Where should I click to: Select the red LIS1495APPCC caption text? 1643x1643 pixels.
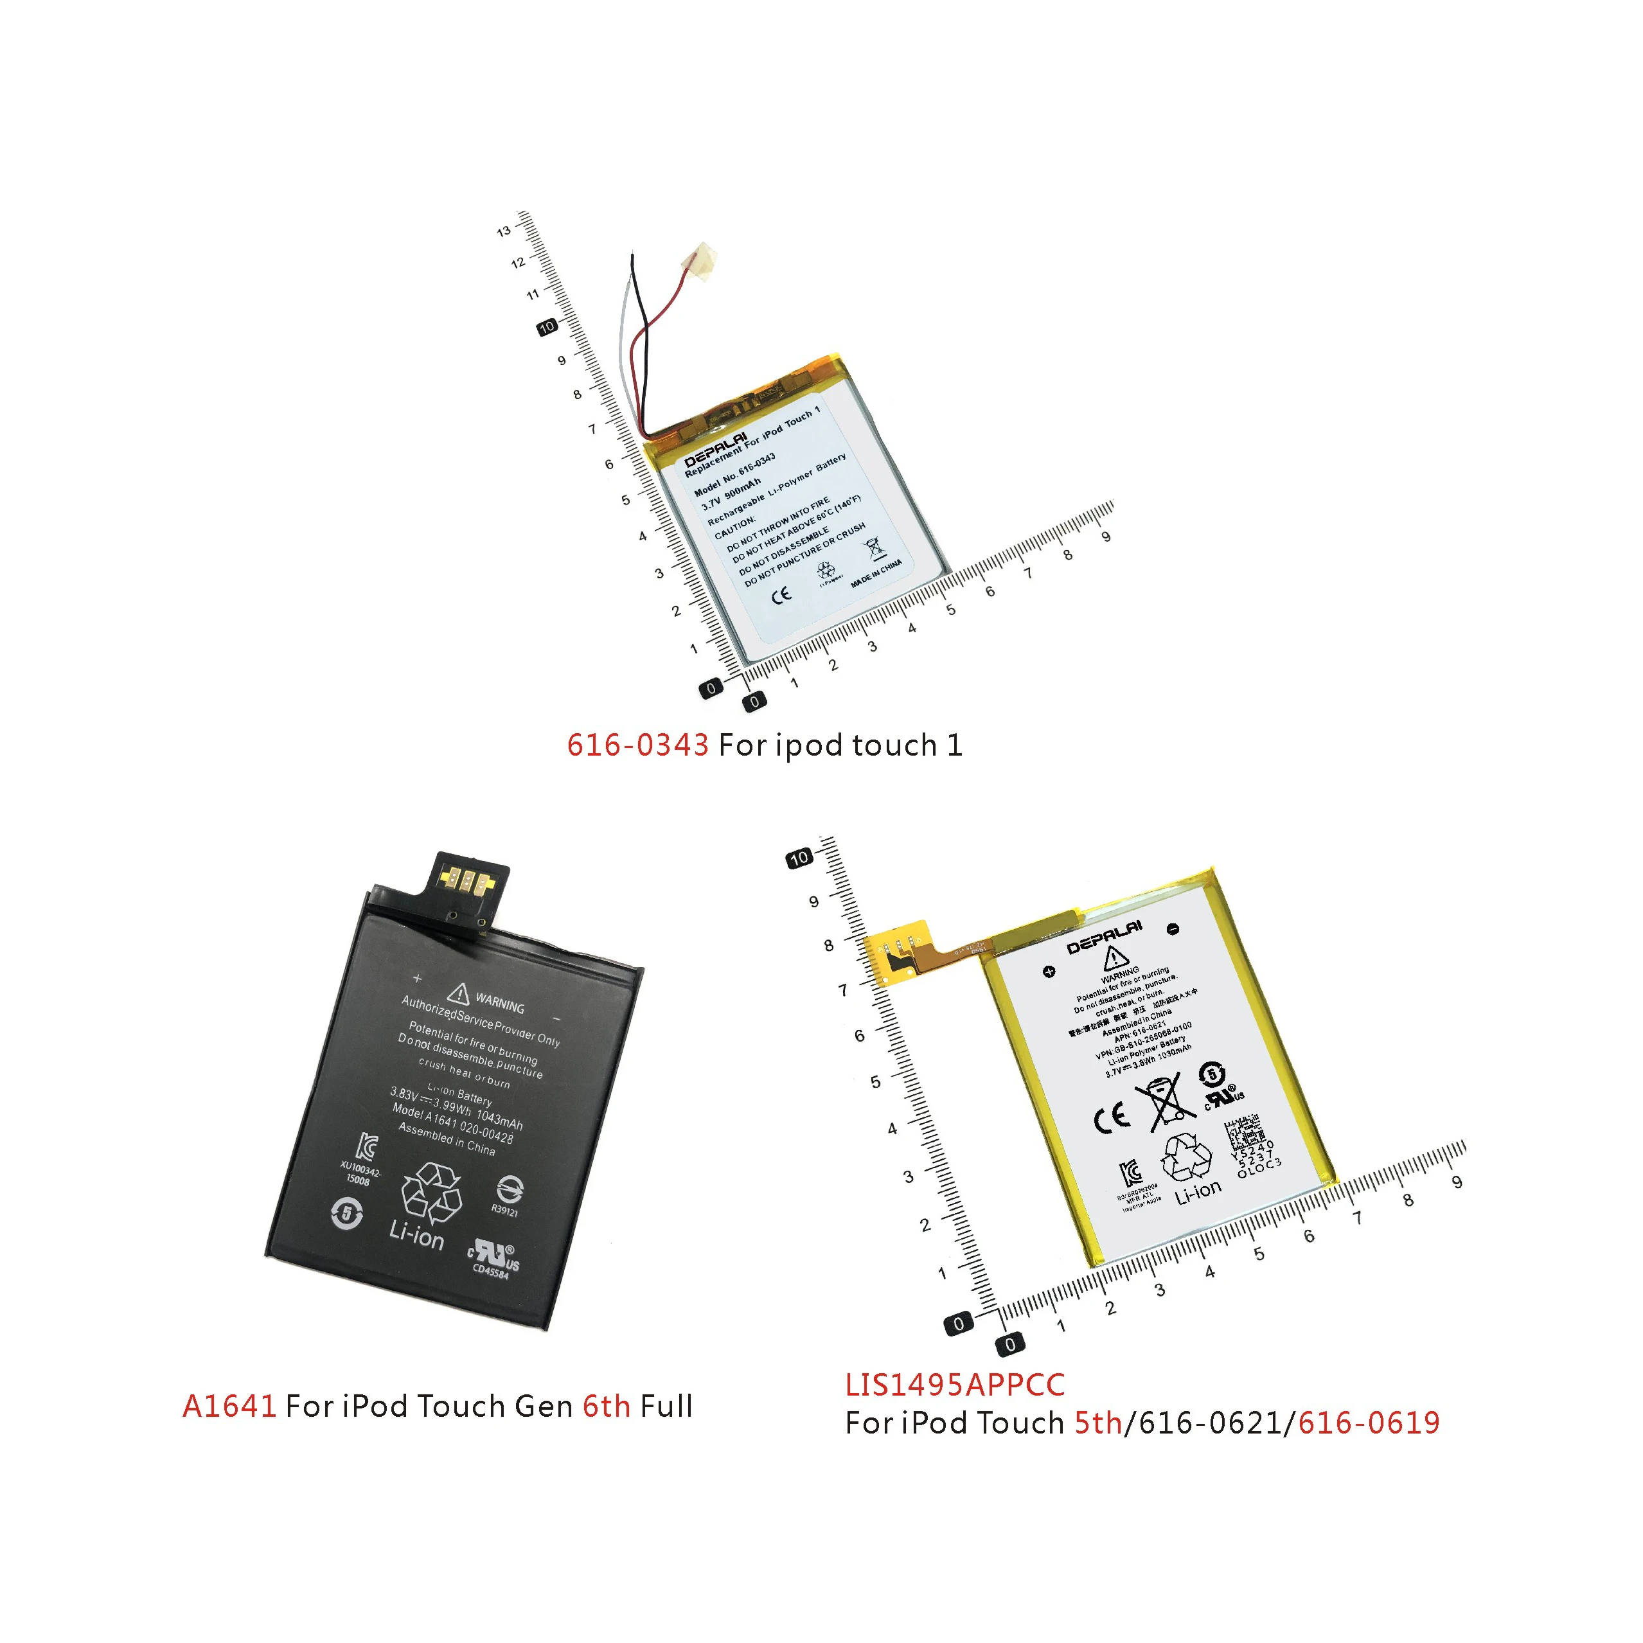pyautogui.click(x=954, y=1385)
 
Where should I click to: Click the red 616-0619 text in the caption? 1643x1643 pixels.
pyautogui.click(x=1369, y=1423)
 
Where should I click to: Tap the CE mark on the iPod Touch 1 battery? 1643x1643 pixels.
pyautogui.click(x=781, y=594)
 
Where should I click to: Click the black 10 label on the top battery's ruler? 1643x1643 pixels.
pyautogui.click(x=547, y=326)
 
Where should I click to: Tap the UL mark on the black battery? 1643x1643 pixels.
pyautogui.click(x=493, y=1254)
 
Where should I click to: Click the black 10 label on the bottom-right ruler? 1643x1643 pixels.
pyautogui.click(x=799, y=858)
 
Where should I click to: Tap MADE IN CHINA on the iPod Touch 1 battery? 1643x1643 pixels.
pyautogui.click(x=876, y=574)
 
